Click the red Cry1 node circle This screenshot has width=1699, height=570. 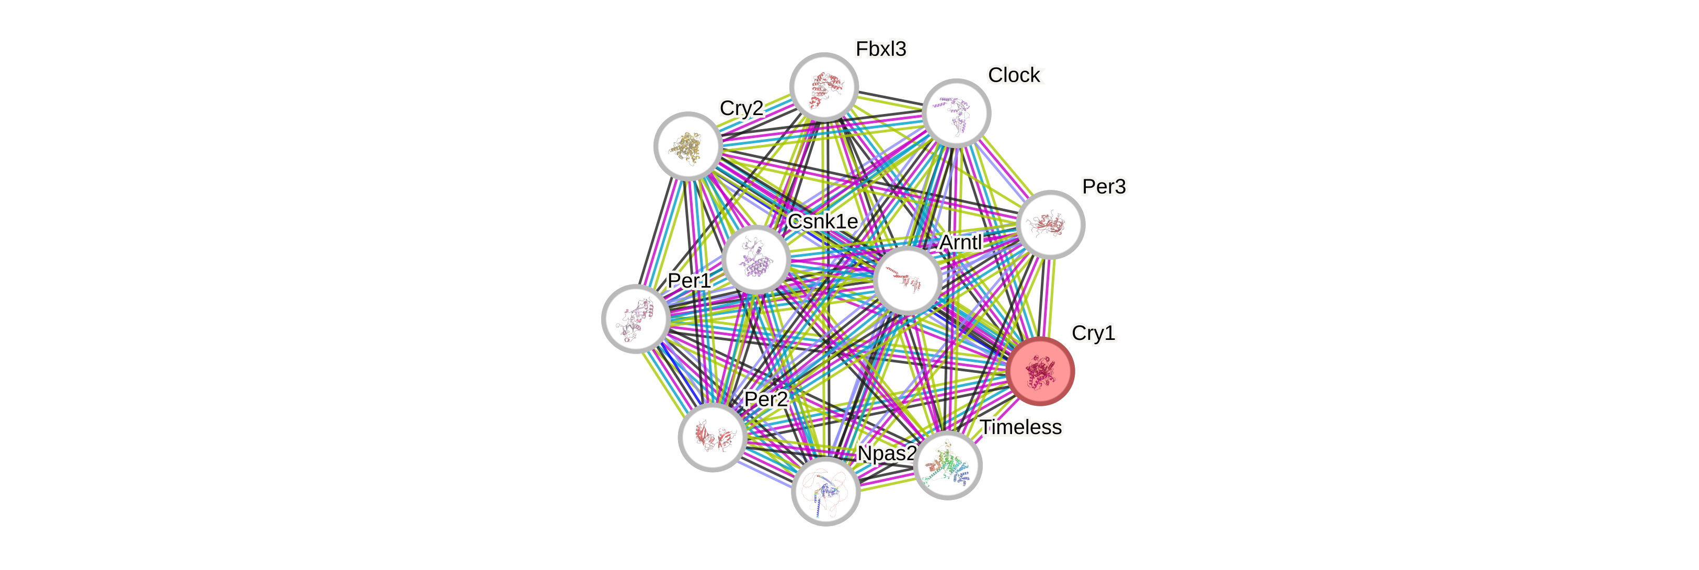1040,371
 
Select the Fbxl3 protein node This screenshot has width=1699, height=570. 824,87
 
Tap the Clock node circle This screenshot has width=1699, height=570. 956,113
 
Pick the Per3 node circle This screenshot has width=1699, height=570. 1050,224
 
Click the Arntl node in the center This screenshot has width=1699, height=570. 908,280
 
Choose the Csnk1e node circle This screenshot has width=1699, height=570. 756,259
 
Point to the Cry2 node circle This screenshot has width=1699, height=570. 688,146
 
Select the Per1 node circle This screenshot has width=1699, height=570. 636,318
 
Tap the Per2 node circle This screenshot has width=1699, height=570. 713,437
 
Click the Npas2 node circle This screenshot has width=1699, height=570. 825,492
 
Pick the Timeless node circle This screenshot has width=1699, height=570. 948,465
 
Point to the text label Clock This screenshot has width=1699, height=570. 1015,75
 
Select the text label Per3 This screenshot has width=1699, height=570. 1104,187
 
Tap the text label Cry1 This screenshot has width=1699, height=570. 1093,333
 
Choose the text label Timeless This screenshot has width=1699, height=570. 1020,428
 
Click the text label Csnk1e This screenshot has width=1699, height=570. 822,222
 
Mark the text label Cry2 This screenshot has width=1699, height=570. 741,108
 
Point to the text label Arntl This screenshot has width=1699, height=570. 960,243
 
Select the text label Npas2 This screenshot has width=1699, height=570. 887,454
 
